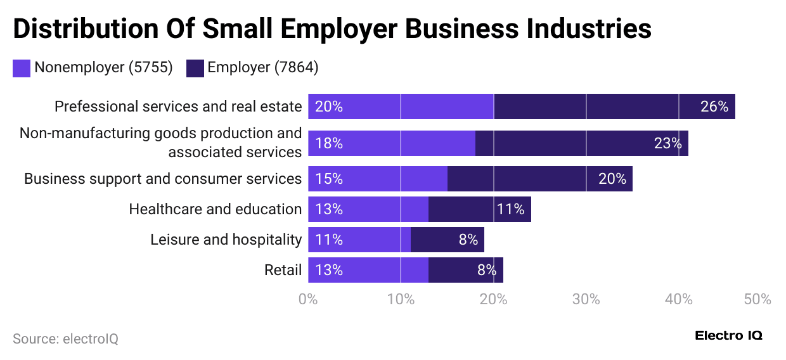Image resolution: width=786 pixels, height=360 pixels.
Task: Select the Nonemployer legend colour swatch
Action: pyautogui.click(x=21, y=68)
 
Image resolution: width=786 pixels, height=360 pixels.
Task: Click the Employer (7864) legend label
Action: pyautogui.click(x=262, y=68)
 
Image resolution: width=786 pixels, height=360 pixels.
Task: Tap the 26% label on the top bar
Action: pyautogui.click(x=714, y=106)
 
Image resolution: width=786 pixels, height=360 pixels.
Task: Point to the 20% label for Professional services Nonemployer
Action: pyautogui.click(x=328, y=106)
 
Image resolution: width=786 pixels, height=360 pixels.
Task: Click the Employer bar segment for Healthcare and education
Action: pyautogui.click(x=479, y=209)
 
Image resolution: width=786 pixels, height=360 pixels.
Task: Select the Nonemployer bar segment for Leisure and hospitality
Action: pyautogui.click(x=359, y=240)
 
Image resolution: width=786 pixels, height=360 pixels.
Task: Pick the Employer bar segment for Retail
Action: pyautogui.click(x=465, y=270)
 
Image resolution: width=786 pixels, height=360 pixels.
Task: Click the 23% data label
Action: pyautogui.click(x=667, y=143)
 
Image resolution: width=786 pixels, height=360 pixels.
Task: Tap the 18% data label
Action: pyautogui.click(x=328, y=143)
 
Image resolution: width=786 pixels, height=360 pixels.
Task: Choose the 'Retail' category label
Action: pyautogui.click(x=283, y=270)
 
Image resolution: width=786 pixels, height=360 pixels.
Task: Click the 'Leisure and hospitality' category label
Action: pyautogui.click(x=226, y=240)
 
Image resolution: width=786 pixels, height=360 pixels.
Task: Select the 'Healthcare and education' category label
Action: pyautogui.click(x=215, y=209)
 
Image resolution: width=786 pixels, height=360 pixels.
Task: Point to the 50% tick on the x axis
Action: pyautogui.click(x=757, y=299)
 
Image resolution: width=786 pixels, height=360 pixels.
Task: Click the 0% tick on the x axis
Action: pyautogui.click(x=308, y=299)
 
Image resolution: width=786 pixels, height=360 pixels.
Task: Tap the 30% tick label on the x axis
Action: pyautogui.click(x=586, y=299)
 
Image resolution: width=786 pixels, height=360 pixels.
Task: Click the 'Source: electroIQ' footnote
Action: pyautogui.click(x=65, y=339)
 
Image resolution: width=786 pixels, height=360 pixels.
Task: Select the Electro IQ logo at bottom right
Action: pyautogui.click(x=728, y=335)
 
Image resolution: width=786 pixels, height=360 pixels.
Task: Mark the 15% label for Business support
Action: pyautogui.click(x=328, y=179)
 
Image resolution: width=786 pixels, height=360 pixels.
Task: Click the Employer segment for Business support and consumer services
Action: pyautogui.click(x=539, y=179)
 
